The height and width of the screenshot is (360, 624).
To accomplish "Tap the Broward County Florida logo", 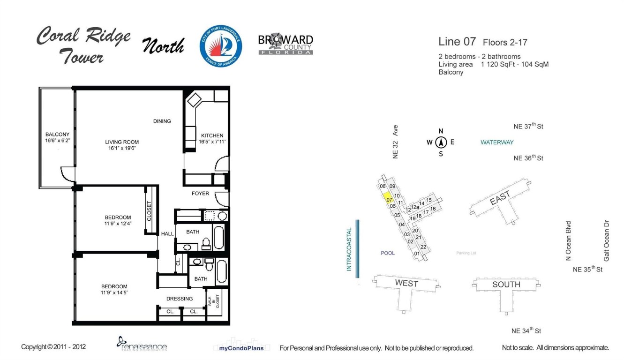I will pyautogui.click(x=286, y=45).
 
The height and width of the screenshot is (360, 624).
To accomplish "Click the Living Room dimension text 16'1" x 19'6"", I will pyautogui.click(x=122, y=148).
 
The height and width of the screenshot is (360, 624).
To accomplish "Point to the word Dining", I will pyautogui.click(x=162, y=121).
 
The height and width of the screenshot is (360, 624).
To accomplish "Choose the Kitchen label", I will pyautogui.click(x=212, y=135).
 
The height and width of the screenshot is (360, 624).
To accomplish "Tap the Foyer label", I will pyautogui.click(x=200, y=193).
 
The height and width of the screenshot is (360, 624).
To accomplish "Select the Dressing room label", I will pyautogui.click(x=180, y=299).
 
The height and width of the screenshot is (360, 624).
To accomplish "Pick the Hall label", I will pyautogui.click(x=167, y=233).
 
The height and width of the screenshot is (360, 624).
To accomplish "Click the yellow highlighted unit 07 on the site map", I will pyautogui.click(x=388, y=198).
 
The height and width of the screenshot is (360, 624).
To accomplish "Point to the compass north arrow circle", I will pyautogui.click(x=441, y=142).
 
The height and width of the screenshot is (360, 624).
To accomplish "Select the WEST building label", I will pyautogui.click(x=406, y=283).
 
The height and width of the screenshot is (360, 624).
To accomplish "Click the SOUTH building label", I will pyautogui.click(x=506, y=284).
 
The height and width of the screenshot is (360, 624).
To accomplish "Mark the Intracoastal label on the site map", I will pyautogui.click(x=349, y=249).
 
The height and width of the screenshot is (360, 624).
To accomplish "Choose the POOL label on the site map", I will pyautogui.click(x=388, y=253).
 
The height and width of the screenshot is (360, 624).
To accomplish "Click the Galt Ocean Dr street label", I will pyautogui.click(x=606, y=241).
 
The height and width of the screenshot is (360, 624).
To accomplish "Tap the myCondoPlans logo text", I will pyautogui.click(x=241, y=348).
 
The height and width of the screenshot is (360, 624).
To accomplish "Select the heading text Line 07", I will pyautogui.click(x=457, y=41).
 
